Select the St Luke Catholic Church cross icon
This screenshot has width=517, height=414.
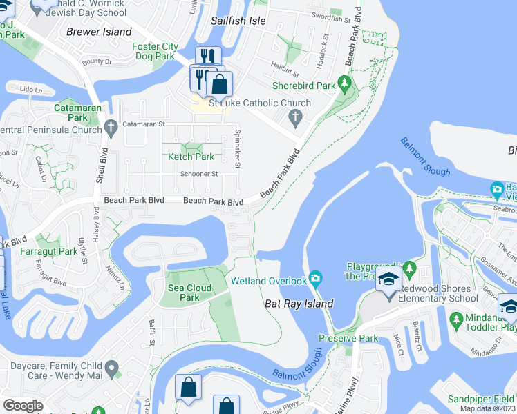[x=295, y=118]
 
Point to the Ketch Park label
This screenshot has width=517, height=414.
[x=191, y=157]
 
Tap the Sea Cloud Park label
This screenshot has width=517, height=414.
[x=183, y=293]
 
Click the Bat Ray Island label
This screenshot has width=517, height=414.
[x=299, y=304]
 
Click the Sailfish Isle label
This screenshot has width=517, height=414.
[x=238, y=21]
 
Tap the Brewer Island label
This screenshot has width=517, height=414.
[x=98, y=32]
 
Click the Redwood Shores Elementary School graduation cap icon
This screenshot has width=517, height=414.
[x=388, y=279]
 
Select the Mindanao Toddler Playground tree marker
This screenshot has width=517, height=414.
[x=455, y=319]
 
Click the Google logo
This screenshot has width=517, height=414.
[x=23, y=406]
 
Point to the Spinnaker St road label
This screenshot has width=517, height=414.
[x=236, y=150]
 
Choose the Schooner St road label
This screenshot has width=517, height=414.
[x=200, y=175]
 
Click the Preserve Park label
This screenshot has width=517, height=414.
[x=348, y=338]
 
